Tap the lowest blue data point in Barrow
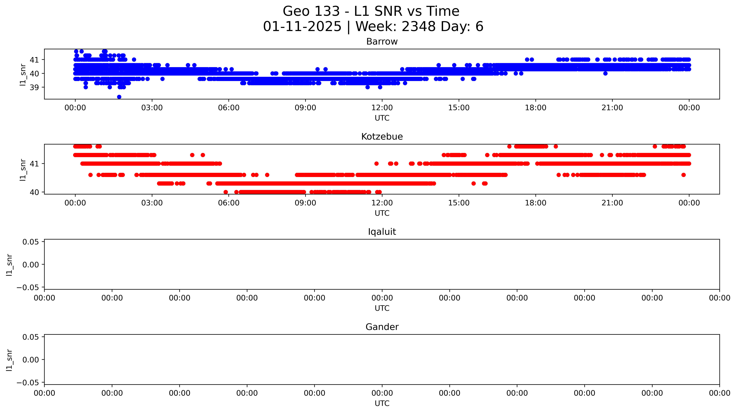(x=119, y=97)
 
